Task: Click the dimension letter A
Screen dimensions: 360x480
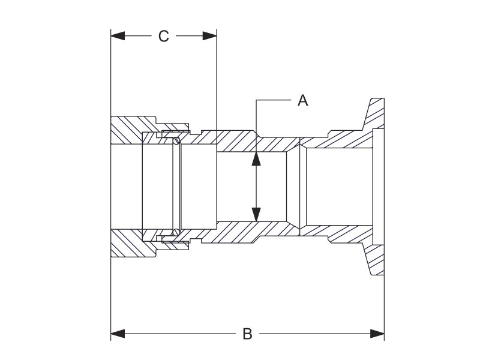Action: pos(303,101)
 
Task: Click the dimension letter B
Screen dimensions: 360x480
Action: pos(247,334)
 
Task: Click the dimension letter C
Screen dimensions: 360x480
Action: pos(164,37)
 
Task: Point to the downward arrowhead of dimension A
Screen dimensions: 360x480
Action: pos(256,214)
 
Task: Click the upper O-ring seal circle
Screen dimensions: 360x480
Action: pos(176,142)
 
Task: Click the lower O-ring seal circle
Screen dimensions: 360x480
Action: pos(176,232)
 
